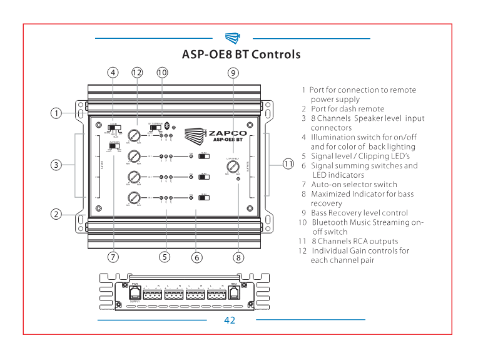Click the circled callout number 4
[113, 72]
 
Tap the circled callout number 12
[137, 72]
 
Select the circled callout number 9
[233, 72]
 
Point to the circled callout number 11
[288, 164]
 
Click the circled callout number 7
[113, 256]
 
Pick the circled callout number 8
[238, 256]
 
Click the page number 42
[230, 320]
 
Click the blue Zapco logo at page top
[232, 38]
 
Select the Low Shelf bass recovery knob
[232, 168]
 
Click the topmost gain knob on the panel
[133, 135]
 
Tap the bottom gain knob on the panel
[133, 198]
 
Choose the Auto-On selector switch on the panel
[114, 147]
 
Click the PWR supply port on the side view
[134, 292]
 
